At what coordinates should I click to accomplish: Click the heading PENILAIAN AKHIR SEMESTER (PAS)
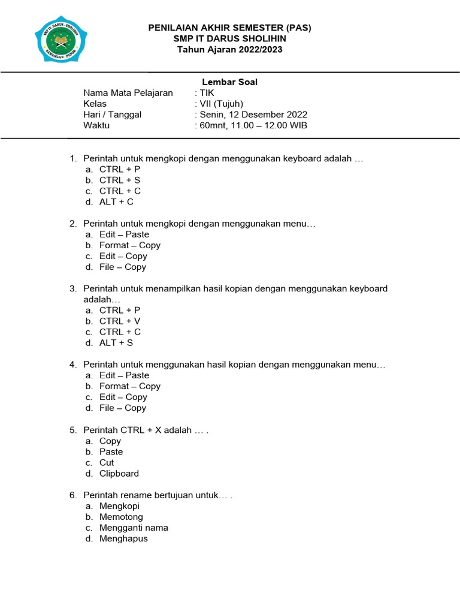pos(230,28)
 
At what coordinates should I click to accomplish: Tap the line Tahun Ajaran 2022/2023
pos(230,49)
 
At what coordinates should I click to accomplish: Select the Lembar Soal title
pos(229,82)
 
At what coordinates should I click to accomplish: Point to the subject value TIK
pos(207,93)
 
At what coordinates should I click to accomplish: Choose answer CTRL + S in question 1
pos(120,180)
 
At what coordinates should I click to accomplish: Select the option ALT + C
pos(116,201)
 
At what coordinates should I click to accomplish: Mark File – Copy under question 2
pos(123,267)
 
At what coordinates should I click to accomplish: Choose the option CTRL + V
pos(120,321)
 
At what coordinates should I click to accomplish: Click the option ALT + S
pos(116,343)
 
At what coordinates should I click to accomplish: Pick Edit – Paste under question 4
pos(124,375)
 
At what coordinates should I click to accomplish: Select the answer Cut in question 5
pos(107,462)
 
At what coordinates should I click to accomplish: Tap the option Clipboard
pos(119,473)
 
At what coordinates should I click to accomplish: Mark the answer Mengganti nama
pos(134,528)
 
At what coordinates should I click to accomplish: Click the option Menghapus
pos(123,538)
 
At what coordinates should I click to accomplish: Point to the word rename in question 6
pos(140,495)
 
